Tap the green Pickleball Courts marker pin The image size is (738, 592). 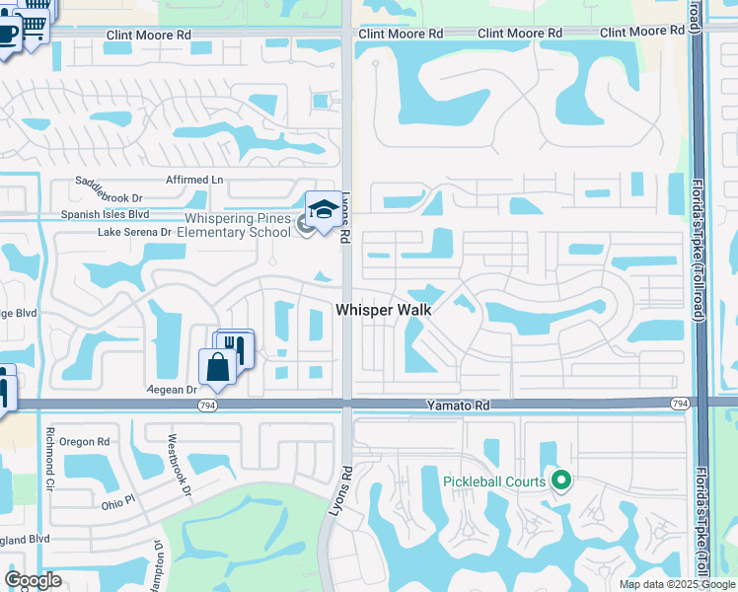561,481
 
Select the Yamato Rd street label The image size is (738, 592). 458,406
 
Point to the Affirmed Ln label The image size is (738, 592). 194,180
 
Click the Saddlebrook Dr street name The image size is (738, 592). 111,183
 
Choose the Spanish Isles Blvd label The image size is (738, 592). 105,213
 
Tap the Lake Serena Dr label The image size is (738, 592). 134,233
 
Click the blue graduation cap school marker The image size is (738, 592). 323,209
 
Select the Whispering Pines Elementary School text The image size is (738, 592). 239,225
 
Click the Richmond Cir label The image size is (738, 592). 48,453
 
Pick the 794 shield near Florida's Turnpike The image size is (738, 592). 680,404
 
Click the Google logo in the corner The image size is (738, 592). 33,580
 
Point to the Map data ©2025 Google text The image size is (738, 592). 677,584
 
